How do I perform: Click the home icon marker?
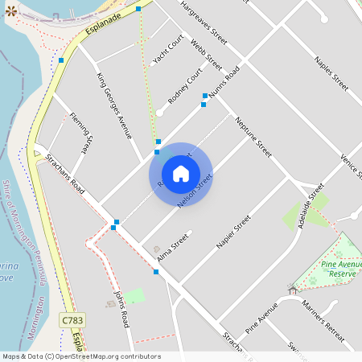tap(181, 174)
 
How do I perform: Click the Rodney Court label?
tap(185, 85)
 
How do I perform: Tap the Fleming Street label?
tap(79, 131)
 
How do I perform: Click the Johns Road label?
tap(121, 309)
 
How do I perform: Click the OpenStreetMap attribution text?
tap(81, 356)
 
